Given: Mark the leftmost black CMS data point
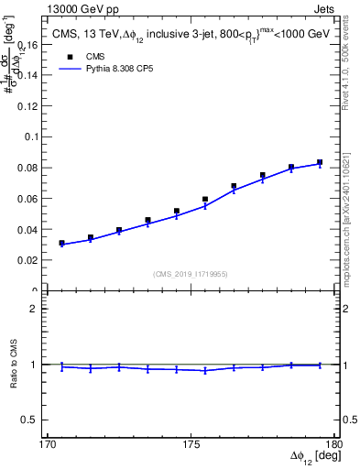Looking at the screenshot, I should pos(62,243).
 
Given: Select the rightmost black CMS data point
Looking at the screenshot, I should pos(320,163).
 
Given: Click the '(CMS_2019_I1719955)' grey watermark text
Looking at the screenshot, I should pos(191,273).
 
